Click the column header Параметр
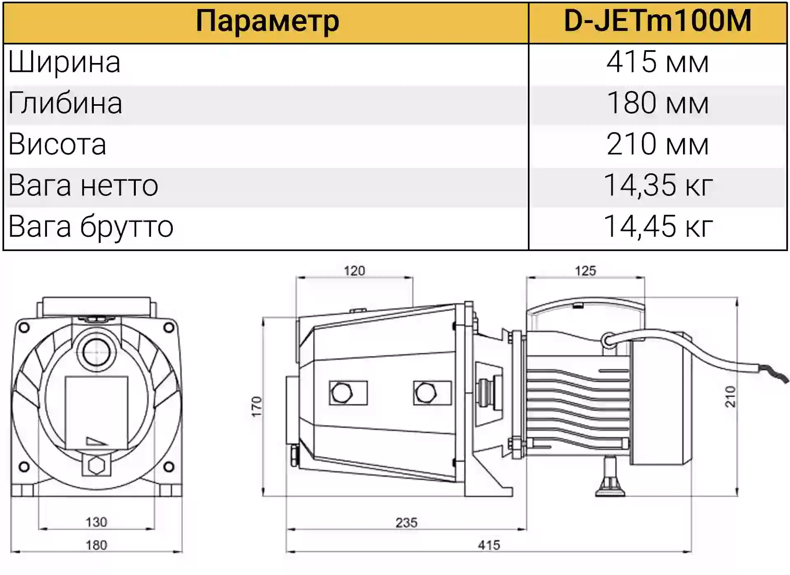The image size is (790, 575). [x=267, y=21]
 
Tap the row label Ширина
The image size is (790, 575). [x=64, y=63]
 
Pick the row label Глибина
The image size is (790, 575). [x=65, y=103]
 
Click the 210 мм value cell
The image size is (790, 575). [x=658, y=144]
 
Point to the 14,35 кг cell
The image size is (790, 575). [x=658, y=186]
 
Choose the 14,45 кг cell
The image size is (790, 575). [x=658, y=227]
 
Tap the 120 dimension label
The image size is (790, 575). [x=354, y=271]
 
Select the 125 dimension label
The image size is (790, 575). [x=585, y=271]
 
